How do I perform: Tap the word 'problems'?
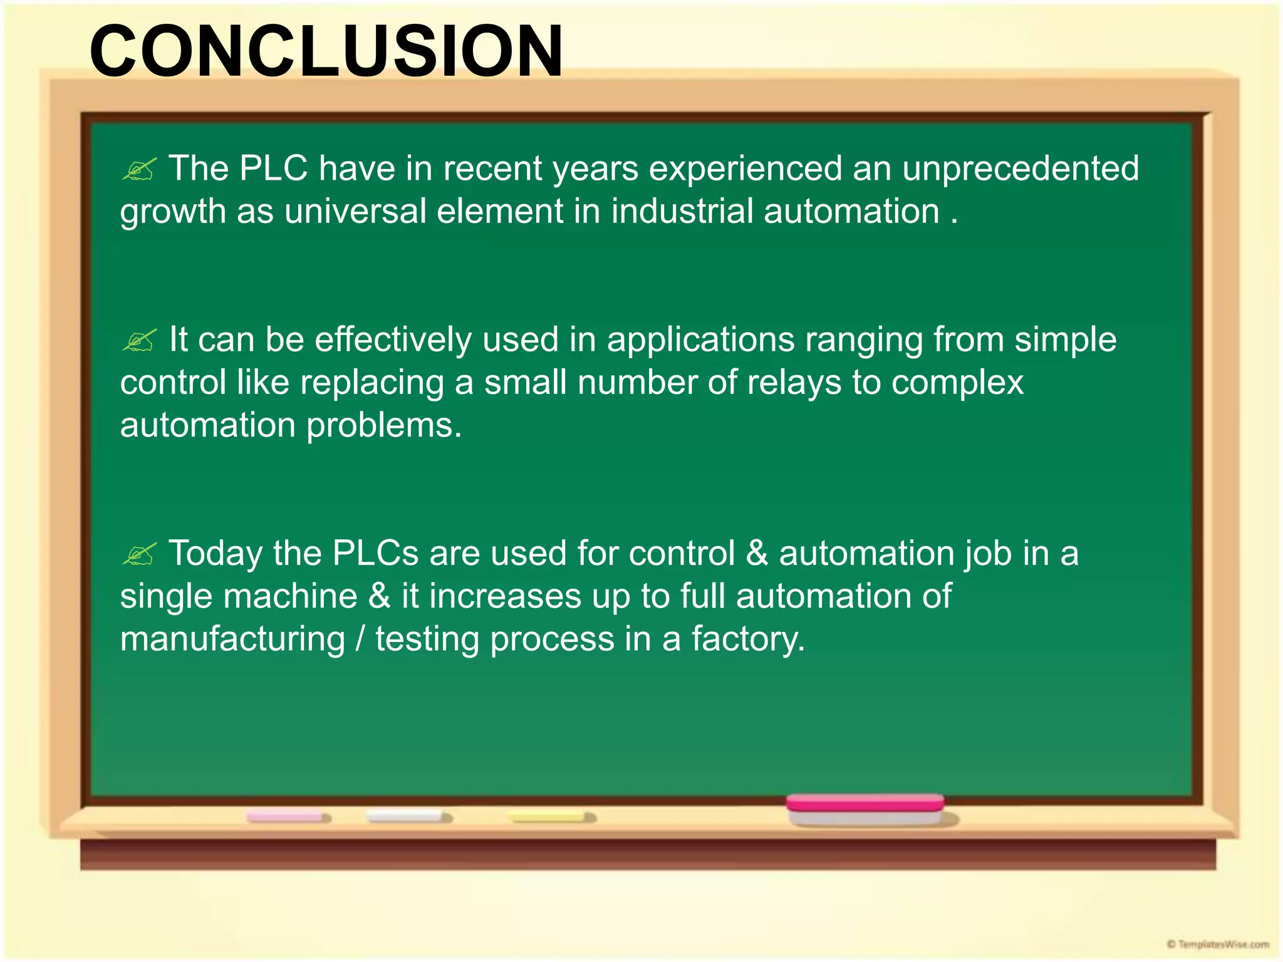coord(383,426)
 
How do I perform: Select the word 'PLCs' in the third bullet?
coord(375,554)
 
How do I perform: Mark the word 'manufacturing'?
coord(232,639)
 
